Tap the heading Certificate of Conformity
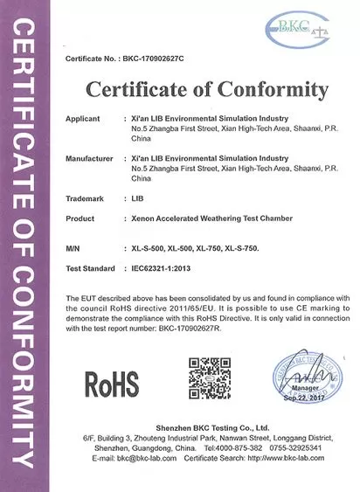coord(206,89)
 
